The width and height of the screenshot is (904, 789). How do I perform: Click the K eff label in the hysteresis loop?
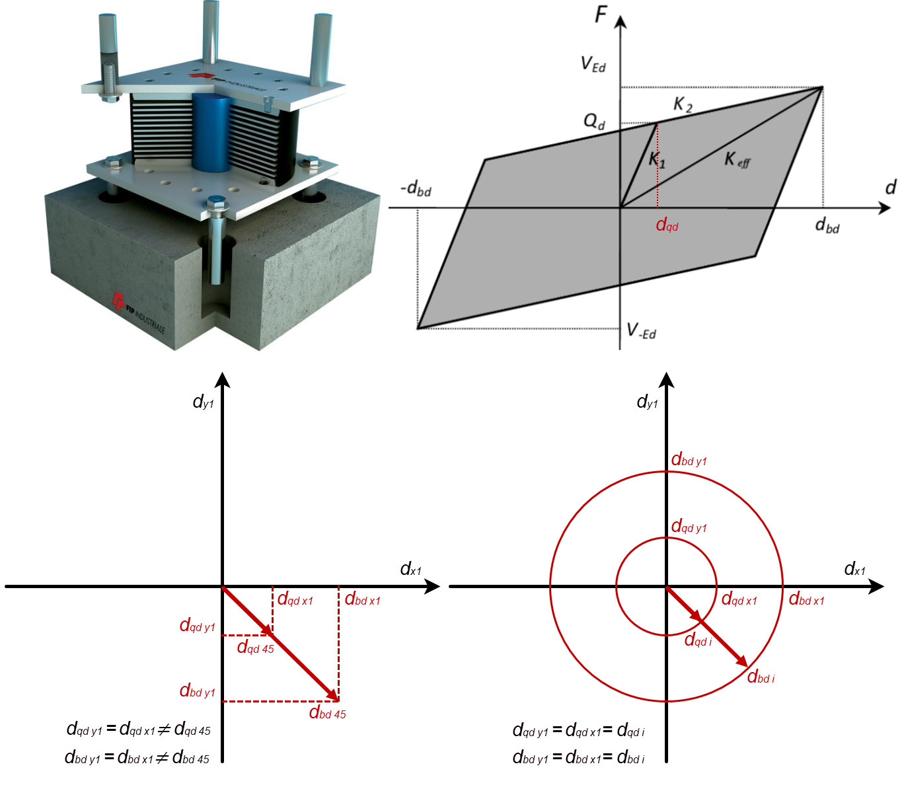(737, 159)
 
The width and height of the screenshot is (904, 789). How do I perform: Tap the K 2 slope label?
(683, 104)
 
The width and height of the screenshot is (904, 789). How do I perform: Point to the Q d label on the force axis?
(593, 122)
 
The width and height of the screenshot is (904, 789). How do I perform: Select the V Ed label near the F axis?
(593, 64)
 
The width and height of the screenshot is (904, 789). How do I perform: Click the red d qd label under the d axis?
(667, 225)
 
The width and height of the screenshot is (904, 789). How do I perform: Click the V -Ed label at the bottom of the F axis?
(640, 330)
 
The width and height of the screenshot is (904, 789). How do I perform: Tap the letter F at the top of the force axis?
(601, 14)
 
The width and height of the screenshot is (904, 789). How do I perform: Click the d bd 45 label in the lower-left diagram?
(327, 713)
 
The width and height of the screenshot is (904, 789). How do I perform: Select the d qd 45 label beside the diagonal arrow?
(255, 647)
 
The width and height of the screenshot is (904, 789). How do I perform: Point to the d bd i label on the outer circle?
(761, 677)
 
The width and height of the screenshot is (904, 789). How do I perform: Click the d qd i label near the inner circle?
(698, 640)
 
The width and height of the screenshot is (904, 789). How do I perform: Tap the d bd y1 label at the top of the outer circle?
(689, 460)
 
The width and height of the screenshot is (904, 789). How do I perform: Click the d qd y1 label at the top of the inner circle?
(689, 527)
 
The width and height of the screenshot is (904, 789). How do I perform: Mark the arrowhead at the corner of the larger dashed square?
(332, 695)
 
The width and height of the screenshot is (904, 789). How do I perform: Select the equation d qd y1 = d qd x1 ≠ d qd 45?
(138, 730)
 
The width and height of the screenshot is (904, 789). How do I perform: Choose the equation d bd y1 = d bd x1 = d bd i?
(578, 758)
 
